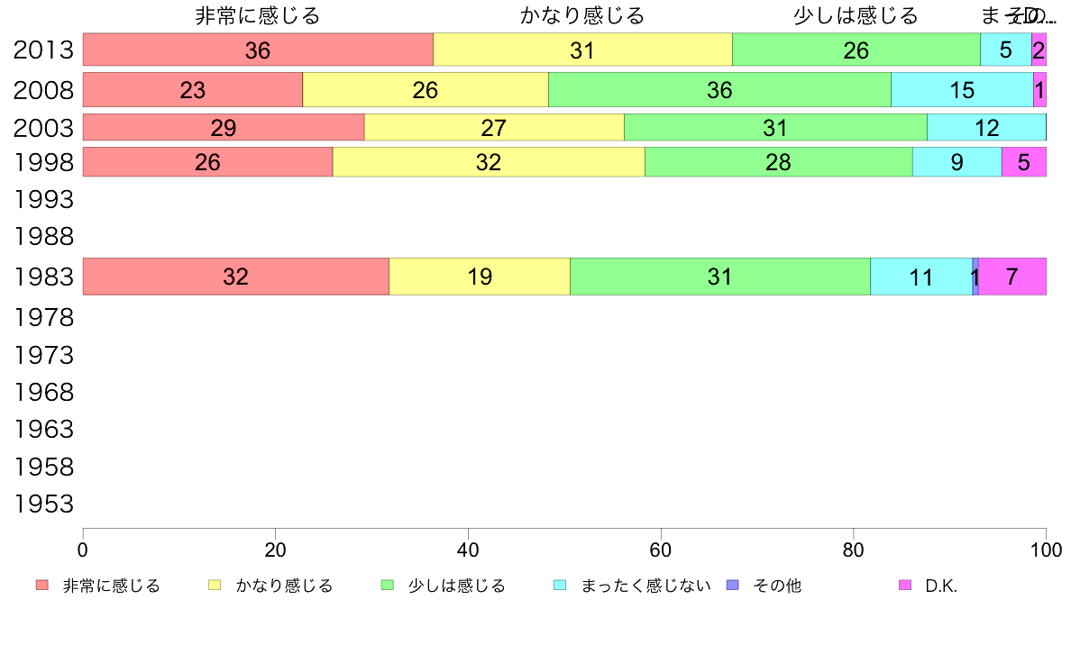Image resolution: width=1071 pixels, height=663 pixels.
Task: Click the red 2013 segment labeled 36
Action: click(x=258, y=50)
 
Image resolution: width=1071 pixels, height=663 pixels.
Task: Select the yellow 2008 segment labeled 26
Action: click(x=425, y=90)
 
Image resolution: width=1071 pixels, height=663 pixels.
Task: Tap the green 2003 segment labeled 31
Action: click(x=775, y=128)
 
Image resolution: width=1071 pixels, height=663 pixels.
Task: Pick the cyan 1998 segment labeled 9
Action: click(x=957, y=162)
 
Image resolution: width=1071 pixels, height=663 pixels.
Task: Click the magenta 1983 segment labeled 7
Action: click(x=1011, y=277)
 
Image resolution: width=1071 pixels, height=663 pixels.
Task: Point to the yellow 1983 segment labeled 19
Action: click(x=480, y=277)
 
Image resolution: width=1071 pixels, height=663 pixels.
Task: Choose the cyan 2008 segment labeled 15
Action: click(x=962, y=90)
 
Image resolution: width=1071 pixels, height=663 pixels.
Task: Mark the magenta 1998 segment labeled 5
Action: click(x=1023, y=162)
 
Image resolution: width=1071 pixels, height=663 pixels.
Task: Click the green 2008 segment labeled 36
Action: click(x=719, y=90)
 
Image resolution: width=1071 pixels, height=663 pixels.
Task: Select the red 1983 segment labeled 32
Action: click(x=235, y=277)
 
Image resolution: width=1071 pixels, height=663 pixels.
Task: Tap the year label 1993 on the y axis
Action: click(x=43, y=198)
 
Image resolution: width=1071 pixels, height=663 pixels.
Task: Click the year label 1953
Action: click(x=43, y=504)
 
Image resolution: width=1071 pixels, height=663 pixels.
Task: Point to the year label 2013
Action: click(x=43, y=50)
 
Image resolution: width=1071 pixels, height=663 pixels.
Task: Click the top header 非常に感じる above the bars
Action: click(x=258, y=16)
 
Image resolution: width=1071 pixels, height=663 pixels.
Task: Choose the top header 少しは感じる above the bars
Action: click(x=856, y=16)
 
